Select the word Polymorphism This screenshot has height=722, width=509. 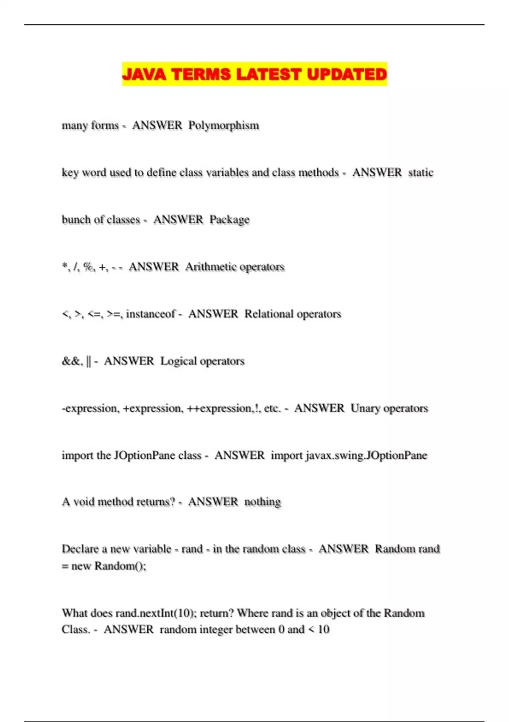pos(224,126)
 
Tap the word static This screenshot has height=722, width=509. pos(421,172)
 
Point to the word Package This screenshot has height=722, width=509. pos(229,220)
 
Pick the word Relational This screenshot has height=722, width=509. pos(269,314)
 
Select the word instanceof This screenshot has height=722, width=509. pos(151,314)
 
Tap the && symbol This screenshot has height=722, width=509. pos(71,361)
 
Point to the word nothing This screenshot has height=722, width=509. pos(263,502)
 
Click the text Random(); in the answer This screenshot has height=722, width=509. pos(120,566)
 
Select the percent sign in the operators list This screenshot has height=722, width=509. pos(89,267)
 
